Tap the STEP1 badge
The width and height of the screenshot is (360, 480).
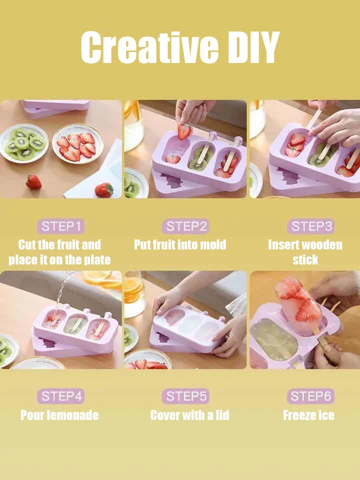click(x=60, y=226)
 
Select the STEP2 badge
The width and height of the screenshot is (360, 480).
click(x=185, y=226)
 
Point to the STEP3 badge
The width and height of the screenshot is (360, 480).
click(x=310, y=226)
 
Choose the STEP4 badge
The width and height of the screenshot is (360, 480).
click(x=60, y=396)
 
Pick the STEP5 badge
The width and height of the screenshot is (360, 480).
click(x=185, y=396)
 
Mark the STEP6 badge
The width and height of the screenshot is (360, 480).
click(x=310, y=396)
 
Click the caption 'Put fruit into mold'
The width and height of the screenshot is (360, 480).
click(x=180, y=244)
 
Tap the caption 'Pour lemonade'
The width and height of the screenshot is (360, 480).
click(x=59, y=415)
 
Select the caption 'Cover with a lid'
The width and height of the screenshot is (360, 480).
click(x=189, y=415)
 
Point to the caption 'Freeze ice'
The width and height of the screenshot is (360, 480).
click(x=308, y=415)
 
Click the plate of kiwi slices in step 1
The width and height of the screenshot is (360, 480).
click(x=23, y=143)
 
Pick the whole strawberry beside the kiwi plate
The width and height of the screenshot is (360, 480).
click(x=33, y=181)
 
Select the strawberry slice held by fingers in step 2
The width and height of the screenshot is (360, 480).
click(x=184, y=131)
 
